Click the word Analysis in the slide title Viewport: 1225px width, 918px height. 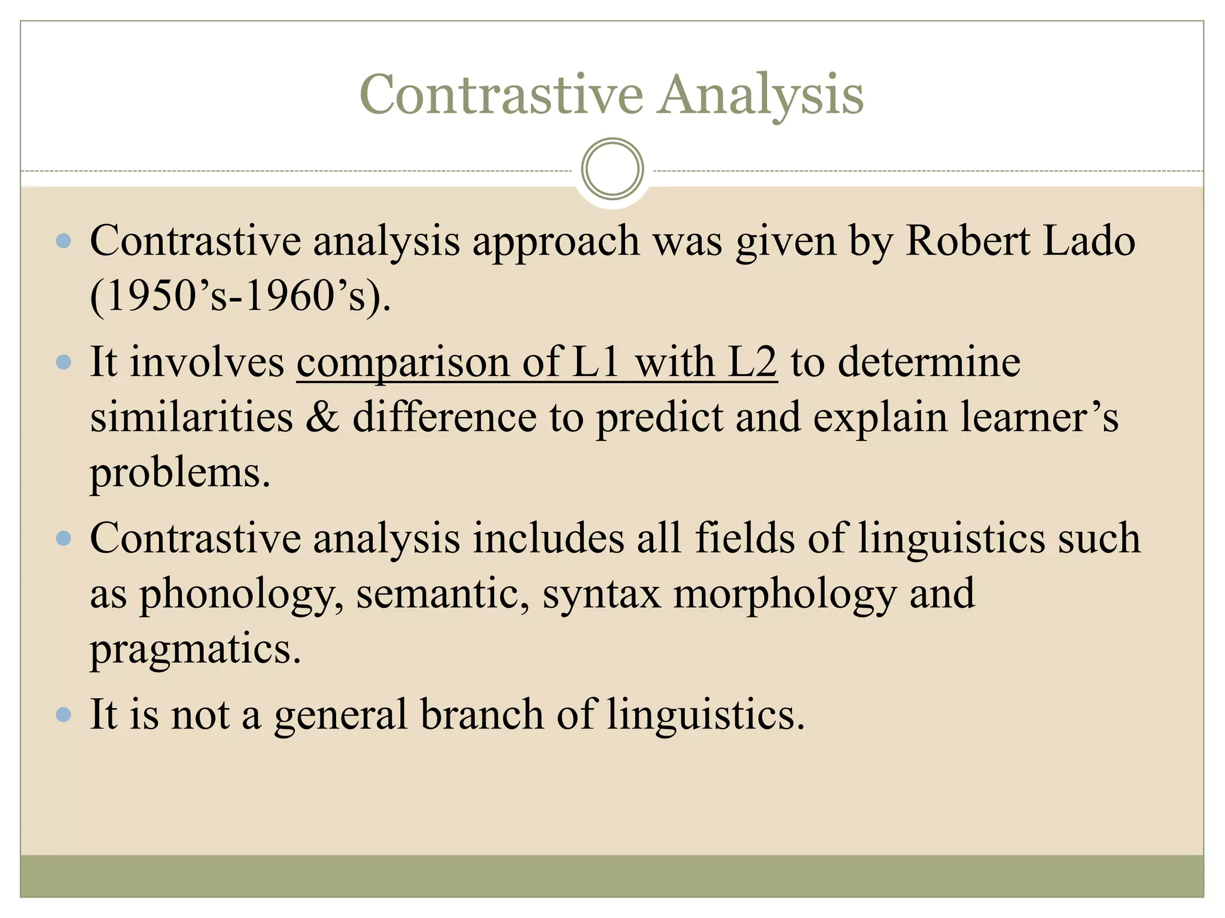pos(760,96)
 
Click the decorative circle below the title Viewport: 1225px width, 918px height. pos(612,169)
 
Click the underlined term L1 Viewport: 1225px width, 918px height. pos(595,362)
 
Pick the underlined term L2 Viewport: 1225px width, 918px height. pos(752,362)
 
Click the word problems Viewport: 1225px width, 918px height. pos(179,473)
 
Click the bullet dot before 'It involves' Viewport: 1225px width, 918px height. pos(63,362)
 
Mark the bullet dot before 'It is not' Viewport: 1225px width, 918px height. pos(63,715)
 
